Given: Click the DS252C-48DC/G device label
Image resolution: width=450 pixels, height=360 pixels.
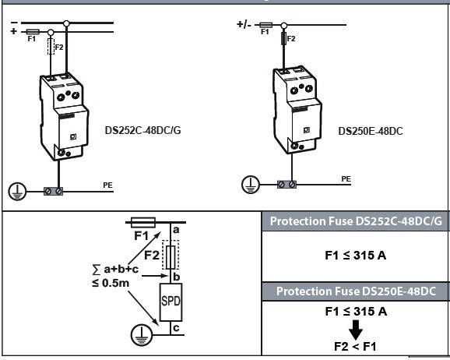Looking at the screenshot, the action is pyautogui.click(x=143, y=130).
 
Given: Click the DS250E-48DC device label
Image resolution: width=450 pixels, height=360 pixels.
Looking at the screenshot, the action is pyautogui.click(x=371, y=131).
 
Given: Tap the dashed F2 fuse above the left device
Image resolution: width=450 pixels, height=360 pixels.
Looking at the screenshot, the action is pyautogui.click(x=51, y=46).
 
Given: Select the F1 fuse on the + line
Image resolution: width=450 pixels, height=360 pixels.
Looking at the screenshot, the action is pyautogui.click(x=33, y=32).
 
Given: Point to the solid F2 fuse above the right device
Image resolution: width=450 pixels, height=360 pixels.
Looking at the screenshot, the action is pyautogui.click(x=284, y=38).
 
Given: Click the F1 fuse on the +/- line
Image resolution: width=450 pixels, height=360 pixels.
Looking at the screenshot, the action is pyautogui.click(x=265, y=25).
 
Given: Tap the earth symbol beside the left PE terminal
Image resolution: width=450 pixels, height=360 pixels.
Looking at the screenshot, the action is pyautogui.click(x=17, y=191).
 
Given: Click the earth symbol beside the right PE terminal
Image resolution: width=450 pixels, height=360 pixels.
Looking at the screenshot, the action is pyautogui.click(x=251, y=184).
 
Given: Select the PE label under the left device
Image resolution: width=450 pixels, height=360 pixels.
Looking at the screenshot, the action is pyautogui.click(x=108, y=185).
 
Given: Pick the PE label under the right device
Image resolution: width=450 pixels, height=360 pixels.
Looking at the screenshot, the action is pyautogui.click(x=346, y=179).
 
